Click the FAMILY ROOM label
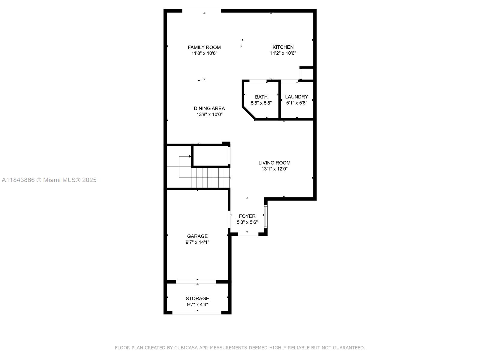(204, 47)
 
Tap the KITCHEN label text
(283, 47)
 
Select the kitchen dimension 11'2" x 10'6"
(283, 53)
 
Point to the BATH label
(261, 97)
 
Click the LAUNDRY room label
(296, 97)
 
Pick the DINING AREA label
(209, 108)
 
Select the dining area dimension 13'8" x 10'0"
(209, 114)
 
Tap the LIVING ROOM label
(274, 163)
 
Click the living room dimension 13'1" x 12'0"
(274, 169)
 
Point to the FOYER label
(247, 216)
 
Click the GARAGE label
(197, 236)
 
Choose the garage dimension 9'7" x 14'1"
(197, 242)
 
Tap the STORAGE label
(197, 298)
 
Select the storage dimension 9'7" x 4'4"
(197, 304)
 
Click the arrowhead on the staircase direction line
(190, 156)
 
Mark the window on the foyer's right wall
(266, 217)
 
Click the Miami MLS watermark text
(49, 180)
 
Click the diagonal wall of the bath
(249, 113)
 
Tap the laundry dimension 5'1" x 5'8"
(296, 103)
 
